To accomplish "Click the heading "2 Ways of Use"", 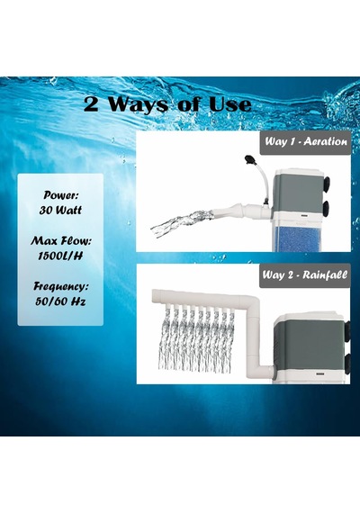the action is coord(167,104).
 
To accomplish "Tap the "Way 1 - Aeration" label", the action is coord(306,141).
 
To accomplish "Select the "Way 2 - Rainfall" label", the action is coord(305,274).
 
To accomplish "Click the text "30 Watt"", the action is coord(60,210).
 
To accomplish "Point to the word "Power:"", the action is coord(61,195).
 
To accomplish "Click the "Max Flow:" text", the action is coord(61,241).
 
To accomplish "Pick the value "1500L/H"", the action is coord(60,256).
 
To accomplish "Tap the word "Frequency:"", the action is coord(61,286).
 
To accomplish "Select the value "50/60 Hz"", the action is coord(60,301).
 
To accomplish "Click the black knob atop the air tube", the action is coord(249,159).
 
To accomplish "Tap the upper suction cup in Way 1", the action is coord(327,184).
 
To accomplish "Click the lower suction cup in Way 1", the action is coord(327,210).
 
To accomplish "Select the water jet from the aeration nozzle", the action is coord(182,223).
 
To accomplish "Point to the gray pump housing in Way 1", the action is coord(297,193).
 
